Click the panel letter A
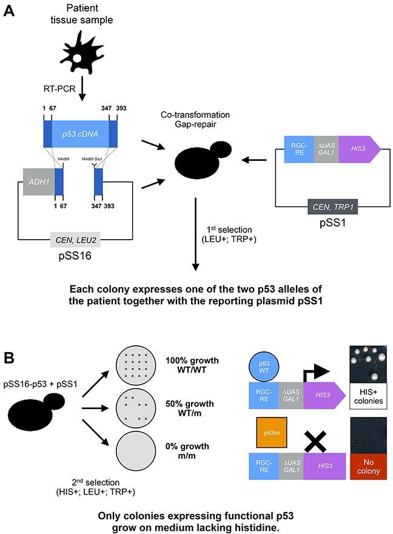coord(10,12)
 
